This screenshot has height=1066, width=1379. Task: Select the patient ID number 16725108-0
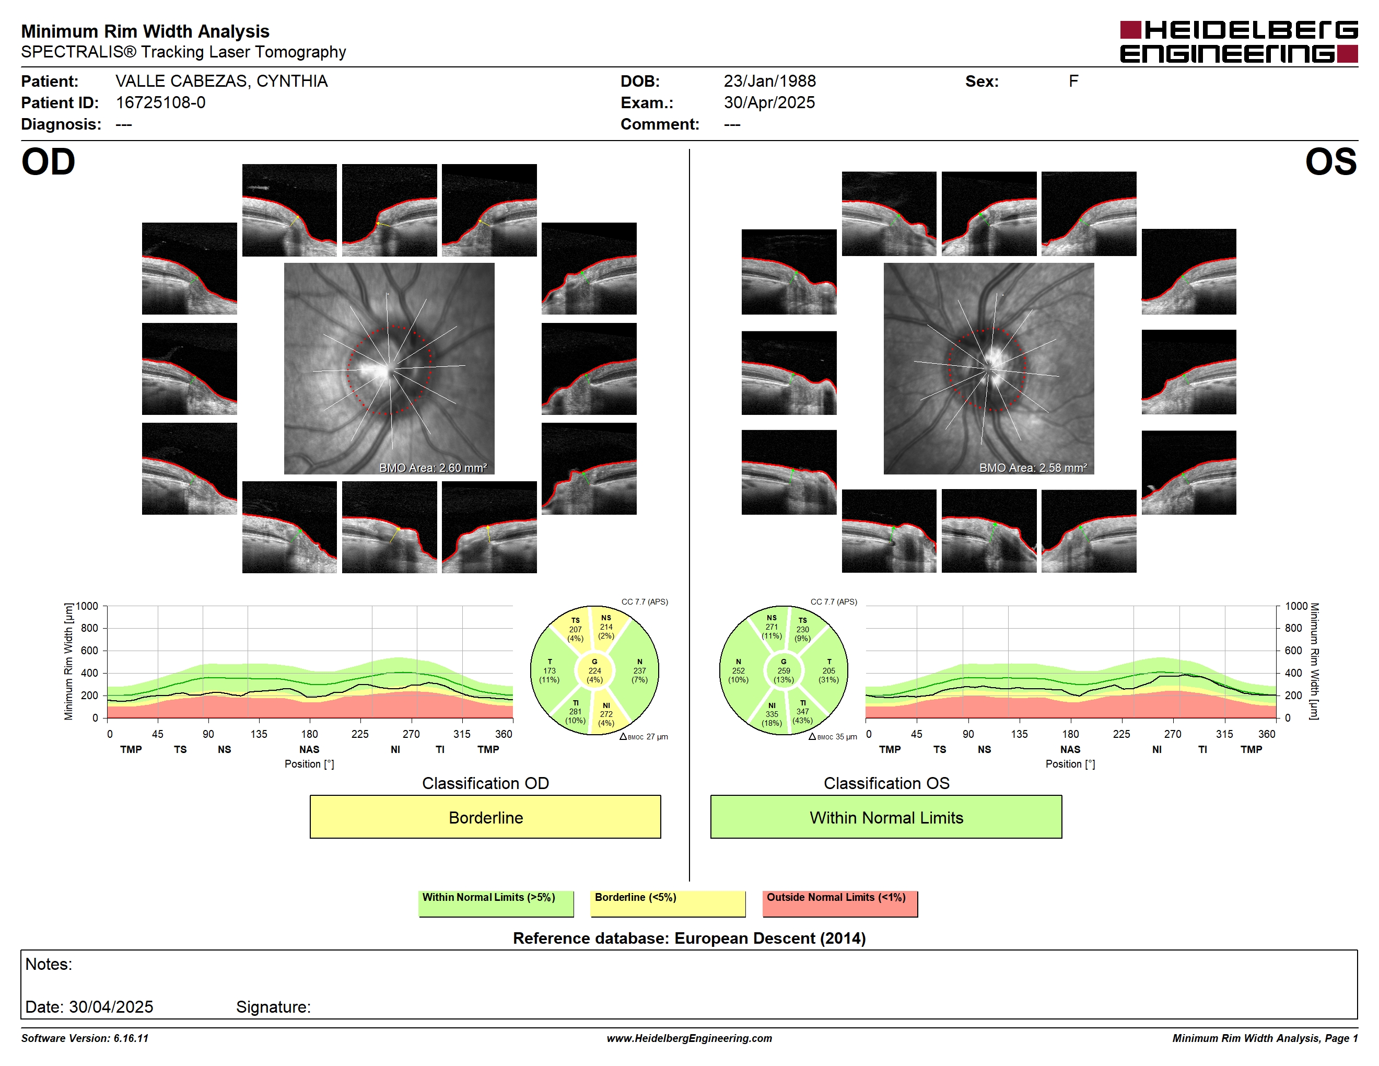(160, 103)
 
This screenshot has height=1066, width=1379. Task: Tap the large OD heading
(48, 163)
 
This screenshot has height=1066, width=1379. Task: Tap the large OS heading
(1330, 163)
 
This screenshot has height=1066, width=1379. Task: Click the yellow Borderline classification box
(485, 817)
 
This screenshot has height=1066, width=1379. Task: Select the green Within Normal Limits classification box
(886, 817)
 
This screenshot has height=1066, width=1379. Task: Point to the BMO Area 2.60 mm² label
(433, 468)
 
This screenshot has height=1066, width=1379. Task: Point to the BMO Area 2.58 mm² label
(1033, 468)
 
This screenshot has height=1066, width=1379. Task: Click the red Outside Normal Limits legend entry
(840, 903)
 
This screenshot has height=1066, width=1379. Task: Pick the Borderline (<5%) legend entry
(668, 903)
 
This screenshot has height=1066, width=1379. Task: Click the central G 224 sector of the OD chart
(594, 670)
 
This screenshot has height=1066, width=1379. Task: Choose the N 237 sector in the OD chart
(640, 670)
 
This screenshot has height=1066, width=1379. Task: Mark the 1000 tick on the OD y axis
(87, 606)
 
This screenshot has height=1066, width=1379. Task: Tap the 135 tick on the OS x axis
(1019, 734)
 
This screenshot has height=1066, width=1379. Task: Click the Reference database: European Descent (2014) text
(689, 938)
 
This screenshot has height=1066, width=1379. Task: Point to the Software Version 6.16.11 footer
(85, 1038)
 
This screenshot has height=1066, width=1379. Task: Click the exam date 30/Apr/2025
(769, 103)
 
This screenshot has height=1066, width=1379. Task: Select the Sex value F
(1073, 82)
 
